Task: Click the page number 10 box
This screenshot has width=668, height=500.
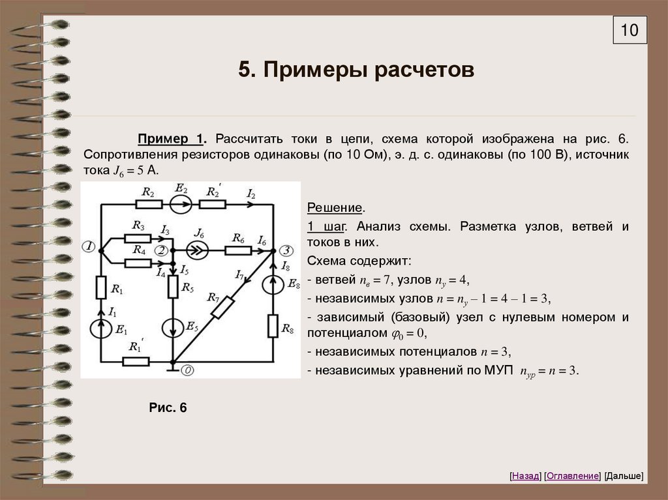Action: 630,30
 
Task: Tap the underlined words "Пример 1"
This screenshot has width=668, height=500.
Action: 172,140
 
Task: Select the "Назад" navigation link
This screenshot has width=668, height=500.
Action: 526,476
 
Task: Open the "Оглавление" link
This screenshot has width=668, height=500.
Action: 572,476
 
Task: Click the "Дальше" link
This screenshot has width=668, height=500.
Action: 624,476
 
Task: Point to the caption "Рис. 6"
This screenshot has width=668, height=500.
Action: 168,408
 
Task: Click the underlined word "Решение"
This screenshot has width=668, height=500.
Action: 335,208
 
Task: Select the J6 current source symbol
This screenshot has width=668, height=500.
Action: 197,250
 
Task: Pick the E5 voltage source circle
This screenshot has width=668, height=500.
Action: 173,328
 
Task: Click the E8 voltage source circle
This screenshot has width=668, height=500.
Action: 273,286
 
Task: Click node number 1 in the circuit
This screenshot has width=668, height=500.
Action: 88,246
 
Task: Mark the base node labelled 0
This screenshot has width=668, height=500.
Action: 187,370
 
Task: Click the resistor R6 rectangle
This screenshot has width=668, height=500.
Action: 236,250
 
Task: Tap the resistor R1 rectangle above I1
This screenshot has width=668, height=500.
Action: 101,286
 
